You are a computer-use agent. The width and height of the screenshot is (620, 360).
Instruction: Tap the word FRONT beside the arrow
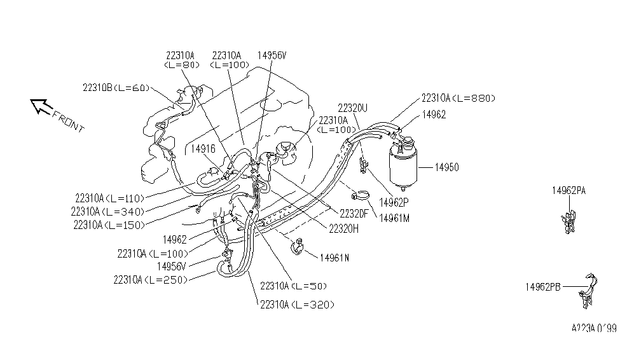[68, 121]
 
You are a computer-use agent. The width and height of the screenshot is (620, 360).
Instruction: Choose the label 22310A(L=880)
[457, 98]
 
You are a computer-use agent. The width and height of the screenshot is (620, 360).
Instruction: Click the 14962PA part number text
[568, 190]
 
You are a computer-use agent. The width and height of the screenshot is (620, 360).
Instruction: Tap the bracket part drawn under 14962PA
[568, 219]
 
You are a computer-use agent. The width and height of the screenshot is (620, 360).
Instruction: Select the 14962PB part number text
[542, 287]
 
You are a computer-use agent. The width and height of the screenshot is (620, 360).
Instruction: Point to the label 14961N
[334, 258]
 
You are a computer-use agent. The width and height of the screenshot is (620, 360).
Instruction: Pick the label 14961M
[395, 218]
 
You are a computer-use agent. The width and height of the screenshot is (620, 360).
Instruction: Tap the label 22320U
[354, 107]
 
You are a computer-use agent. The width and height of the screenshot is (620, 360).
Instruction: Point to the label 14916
[203, 148]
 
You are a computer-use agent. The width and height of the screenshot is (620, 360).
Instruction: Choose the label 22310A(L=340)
[108, 211]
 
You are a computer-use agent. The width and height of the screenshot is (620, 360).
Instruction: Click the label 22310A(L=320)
[296, 305]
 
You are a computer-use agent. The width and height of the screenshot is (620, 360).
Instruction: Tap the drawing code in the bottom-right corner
[593, 329]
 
